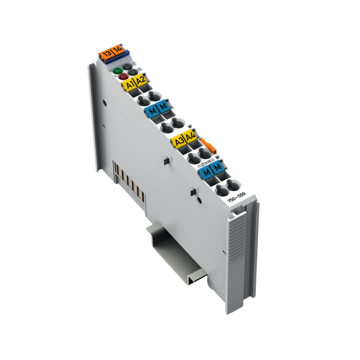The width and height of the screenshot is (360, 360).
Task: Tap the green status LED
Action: coord(118,71)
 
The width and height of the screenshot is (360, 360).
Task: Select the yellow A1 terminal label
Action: coord(129,85)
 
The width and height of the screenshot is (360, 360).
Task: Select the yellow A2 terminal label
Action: coord(140,79)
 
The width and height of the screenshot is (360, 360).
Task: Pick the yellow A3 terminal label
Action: coord(178,141)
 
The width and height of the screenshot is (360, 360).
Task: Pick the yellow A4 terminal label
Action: coord(189,136)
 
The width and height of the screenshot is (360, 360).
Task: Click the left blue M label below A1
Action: coord(152,111)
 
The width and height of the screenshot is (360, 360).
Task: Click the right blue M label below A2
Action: coord(163,106)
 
